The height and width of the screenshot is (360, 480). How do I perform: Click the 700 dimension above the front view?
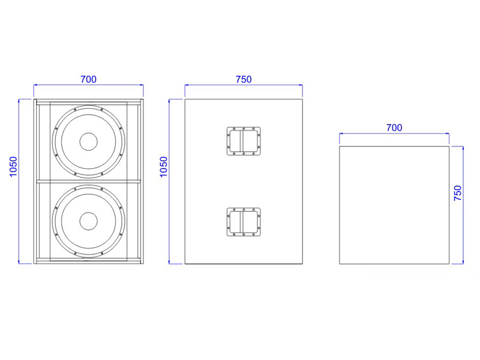(88, 79)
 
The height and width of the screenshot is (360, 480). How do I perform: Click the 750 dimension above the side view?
(244, 79)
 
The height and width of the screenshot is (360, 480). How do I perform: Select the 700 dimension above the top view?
(394, 128)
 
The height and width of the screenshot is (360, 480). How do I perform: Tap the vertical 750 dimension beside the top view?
(457, 193)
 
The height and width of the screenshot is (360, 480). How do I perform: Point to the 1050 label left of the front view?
(13, 167)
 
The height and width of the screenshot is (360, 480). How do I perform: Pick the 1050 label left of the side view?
(164, 167)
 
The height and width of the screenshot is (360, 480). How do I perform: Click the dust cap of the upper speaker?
(88, 142)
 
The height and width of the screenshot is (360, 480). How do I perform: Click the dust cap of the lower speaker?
(88, 221)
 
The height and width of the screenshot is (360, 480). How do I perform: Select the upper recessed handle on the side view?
(244, 141)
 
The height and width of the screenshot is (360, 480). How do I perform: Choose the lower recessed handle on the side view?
(244, 222)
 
